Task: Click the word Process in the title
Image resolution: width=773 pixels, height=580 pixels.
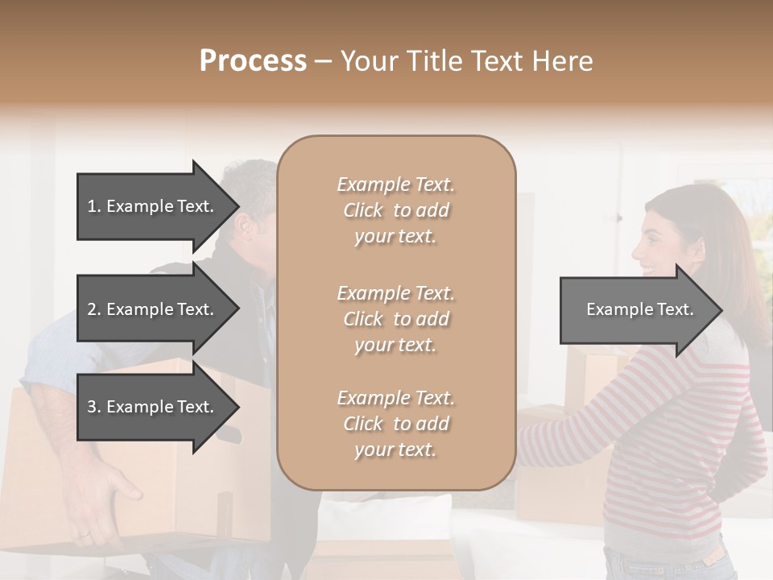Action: (x=253, y=61)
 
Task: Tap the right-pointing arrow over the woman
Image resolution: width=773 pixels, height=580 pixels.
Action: (x=640, y=309)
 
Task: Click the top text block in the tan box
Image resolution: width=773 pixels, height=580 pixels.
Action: (x=396, y=210)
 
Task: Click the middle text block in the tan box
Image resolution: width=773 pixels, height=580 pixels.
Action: (x=396, y=319)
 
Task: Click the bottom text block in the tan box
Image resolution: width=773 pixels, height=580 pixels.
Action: (x=396, y=424)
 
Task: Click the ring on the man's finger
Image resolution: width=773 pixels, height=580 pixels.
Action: (x=85, y=532)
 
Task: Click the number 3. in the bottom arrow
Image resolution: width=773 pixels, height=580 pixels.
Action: (x=94, y=407)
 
